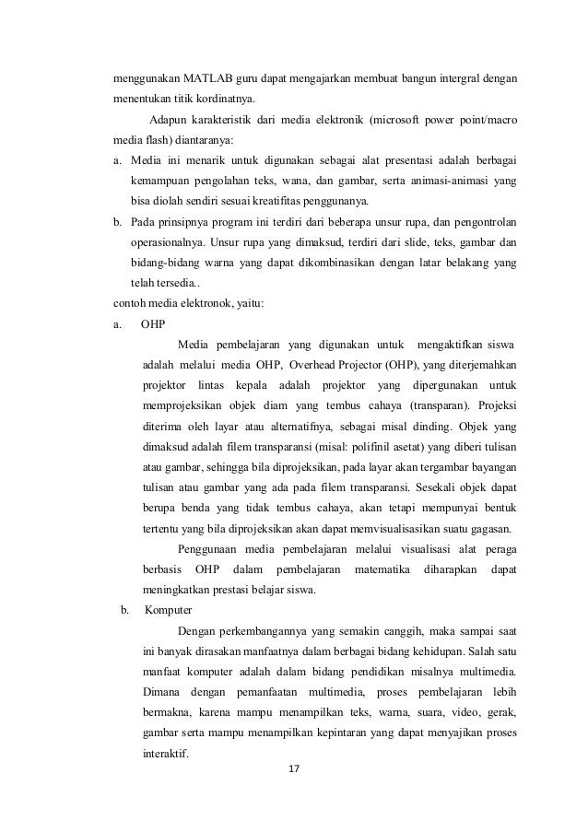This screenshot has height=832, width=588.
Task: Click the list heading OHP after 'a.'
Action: [154, 324]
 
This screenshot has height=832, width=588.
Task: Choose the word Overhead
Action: [315, 365]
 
